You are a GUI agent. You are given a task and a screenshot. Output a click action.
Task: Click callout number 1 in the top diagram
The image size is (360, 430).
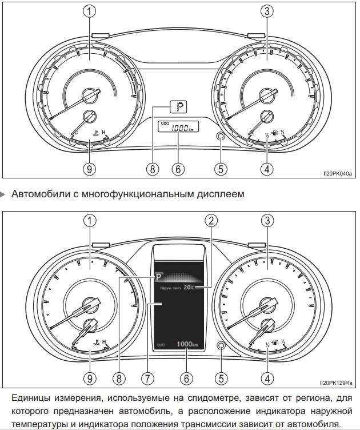coord(89,10)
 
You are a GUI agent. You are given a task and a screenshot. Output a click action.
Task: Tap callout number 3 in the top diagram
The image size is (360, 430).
coord(266,10)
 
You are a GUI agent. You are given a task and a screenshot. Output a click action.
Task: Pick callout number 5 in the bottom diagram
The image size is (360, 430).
coord(221,377)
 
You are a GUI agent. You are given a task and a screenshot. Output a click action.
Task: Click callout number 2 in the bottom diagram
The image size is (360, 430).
coord(211,221)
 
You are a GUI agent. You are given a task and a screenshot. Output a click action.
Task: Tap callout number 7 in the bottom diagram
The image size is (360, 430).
coord(147,377)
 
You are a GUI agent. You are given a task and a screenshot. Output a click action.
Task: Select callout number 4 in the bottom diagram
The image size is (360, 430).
coord(266,377)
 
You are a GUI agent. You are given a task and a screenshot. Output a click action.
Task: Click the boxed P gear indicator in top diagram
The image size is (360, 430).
coord(179,106)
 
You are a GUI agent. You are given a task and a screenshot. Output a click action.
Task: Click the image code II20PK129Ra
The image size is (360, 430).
coord(336,383)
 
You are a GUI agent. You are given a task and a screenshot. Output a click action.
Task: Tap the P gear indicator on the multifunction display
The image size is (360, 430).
coord(158,276)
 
